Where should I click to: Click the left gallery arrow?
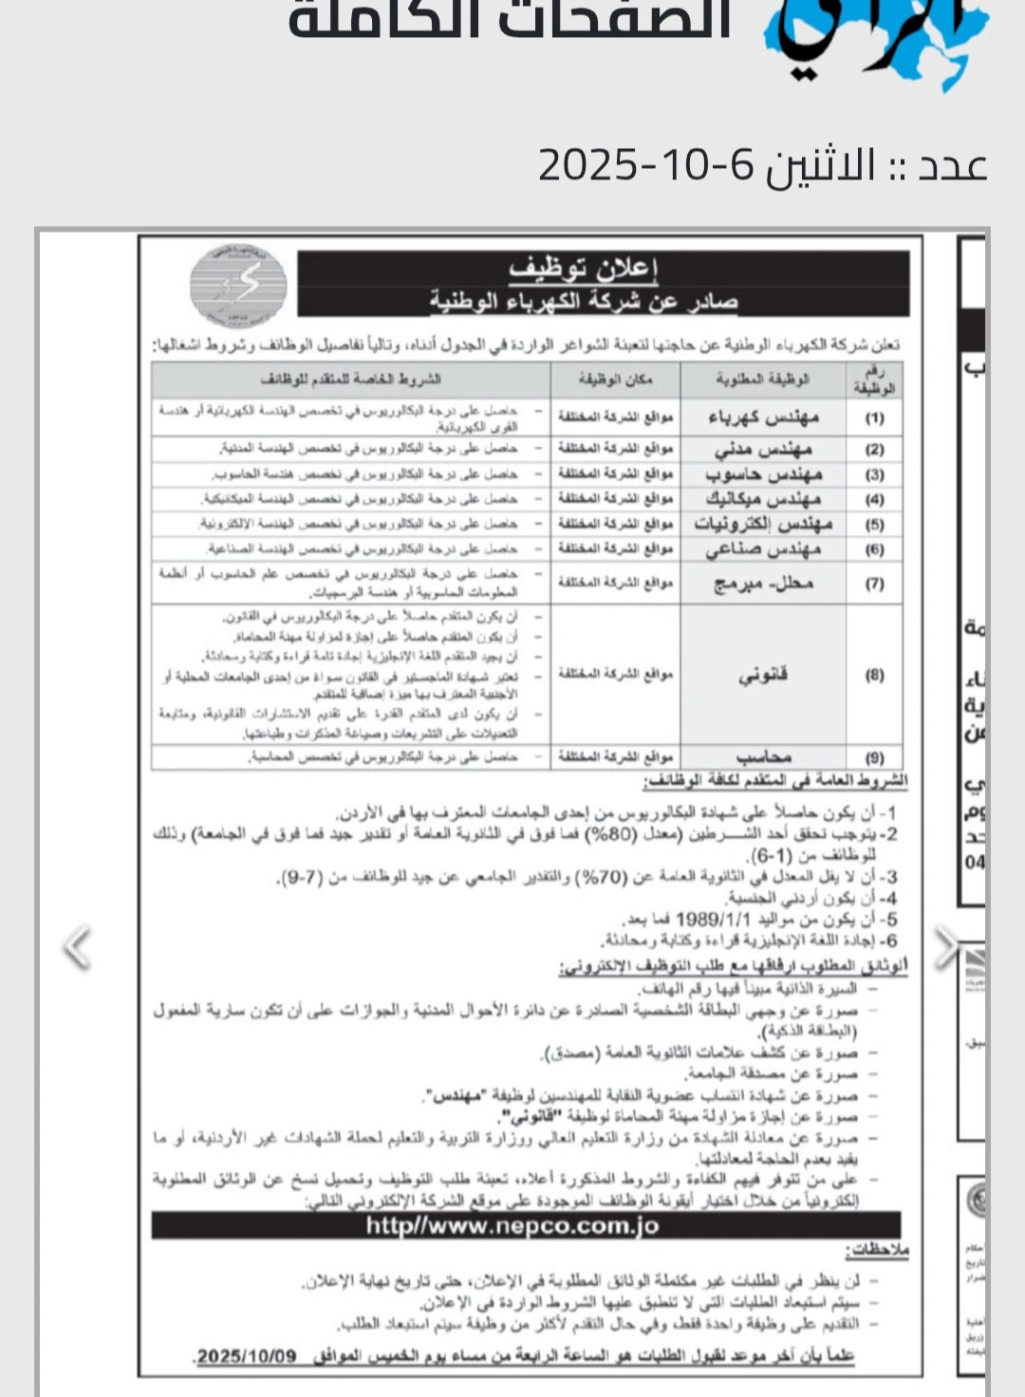click(76, 947)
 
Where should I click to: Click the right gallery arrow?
click(945, 947)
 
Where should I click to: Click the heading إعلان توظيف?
click(583, 270)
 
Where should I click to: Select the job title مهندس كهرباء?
click(763, 418)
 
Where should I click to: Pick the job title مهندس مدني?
click(763, 449)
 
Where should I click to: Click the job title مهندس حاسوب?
click(763, 474)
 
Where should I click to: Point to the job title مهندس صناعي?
click(763, 549)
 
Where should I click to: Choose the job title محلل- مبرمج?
click(763, 583)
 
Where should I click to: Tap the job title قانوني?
click(763, 675)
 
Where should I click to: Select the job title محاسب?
click(763, 757)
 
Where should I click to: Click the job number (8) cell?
click(874, 675)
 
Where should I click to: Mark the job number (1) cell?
click(874, 418)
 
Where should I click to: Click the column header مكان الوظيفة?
click(615, 380)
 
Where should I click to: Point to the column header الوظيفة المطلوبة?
click(763, 380)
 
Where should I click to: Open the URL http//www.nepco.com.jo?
click(512, 1225)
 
